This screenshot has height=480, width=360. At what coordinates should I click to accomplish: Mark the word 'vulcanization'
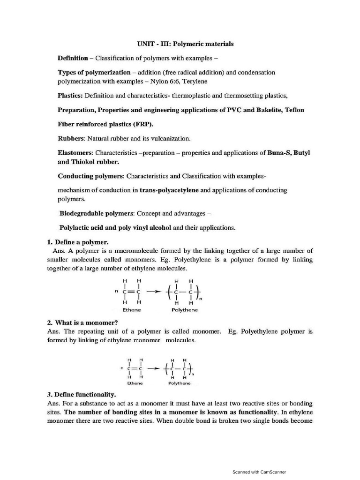click(x=171, y=139)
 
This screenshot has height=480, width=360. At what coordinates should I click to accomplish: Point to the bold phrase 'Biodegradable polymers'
click(x=97, y=213)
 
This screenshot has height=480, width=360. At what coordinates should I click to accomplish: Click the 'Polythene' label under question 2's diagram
click(x=180, y=383)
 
